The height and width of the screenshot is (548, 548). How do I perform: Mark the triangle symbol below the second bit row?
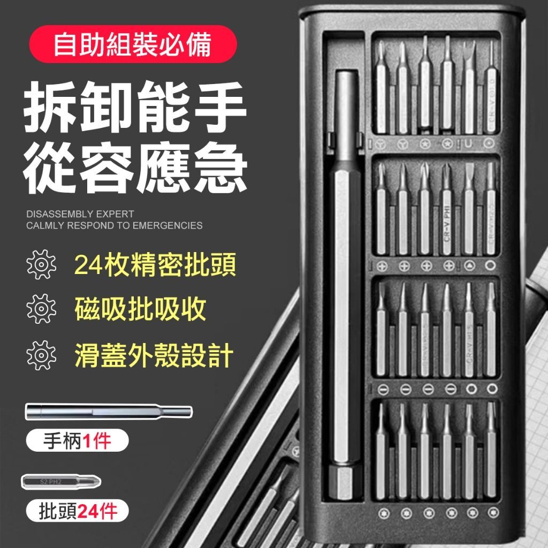point(470,265)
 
